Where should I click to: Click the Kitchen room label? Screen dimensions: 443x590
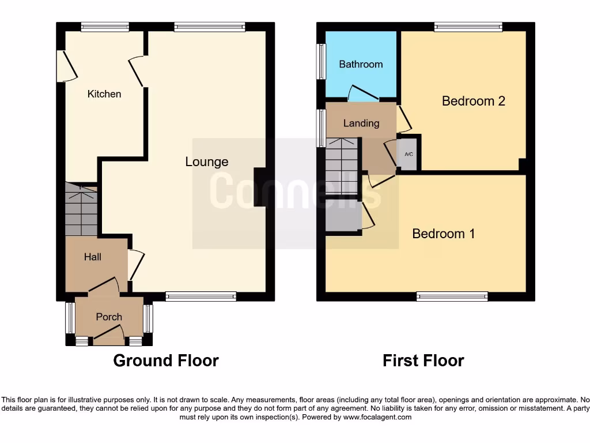click(104, 93)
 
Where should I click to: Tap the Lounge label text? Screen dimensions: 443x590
click(206, 162)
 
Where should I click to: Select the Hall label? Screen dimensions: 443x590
click(93, 257)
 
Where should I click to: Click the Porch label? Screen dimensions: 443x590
click(109, 317)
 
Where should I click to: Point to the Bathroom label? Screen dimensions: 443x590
click(361, 64)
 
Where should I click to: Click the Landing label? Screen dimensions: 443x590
click(361, 123)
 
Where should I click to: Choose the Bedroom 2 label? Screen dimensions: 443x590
click(474, 101)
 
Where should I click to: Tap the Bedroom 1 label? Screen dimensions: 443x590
click(444, 234)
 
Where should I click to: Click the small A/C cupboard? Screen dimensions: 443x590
click(409, 155)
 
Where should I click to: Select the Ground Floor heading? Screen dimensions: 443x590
click(166, 361)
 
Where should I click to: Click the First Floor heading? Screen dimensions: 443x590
click(423, 361)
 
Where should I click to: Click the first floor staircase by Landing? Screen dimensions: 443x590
click(342, 167)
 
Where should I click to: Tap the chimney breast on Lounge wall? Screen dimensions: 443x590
click(260, 187)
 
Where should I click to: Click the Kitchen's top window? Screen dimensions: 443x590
click(105, 27)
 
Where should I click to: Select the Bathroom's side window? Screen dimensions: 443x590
click(321, 61)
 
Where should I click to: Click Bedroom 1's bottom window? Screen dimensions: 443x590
click(452, 296)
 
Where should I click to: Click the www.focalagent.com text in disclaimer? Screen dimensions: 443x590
click(378, 417)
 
